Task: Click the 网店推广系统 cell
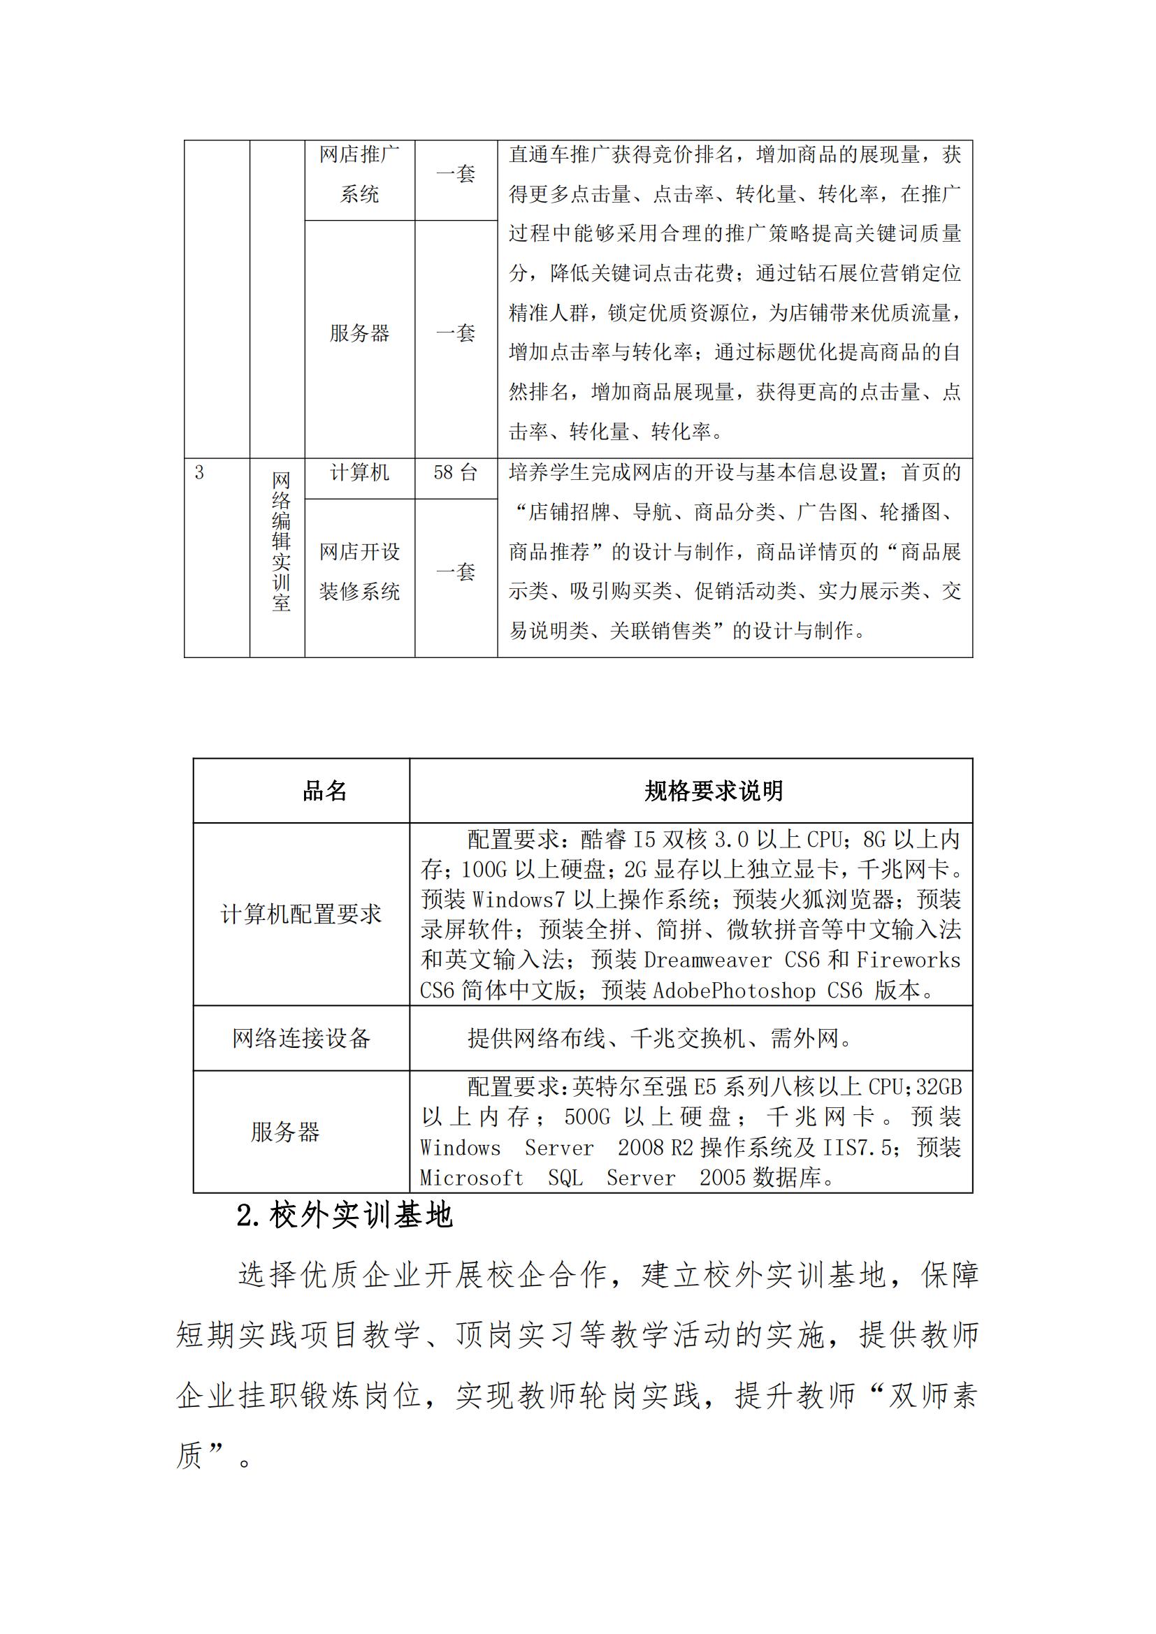tap(359, 175)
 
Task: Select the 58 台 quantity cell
tap(456, 472)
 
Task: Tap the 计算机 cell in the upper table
tap(359, 472)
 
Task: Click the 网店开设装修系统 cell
tap(359, 571)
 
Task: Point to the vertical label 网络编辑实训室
tap(281, 541)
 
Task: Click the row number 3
tap(199, 472)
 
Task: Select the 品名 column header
tap(324, 791)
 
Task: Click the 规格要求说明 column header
tap(714, 791)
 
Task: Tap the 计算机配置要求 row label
tap(301, 914)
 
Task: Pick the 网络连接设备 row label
tap(301, 1038)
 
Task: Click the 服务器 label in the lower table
tap(285, 1132)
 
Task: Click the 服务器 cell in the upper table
tap(359, 333)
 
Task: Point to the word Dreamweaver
tap(707, 960)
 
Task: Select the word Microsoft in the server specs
tap(471, 1178)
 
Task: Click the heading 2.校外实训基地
tap(345, 1216)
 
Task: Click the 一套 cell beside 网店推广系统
tap(456, 175)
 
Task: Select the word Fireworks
tap(909, 960)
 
